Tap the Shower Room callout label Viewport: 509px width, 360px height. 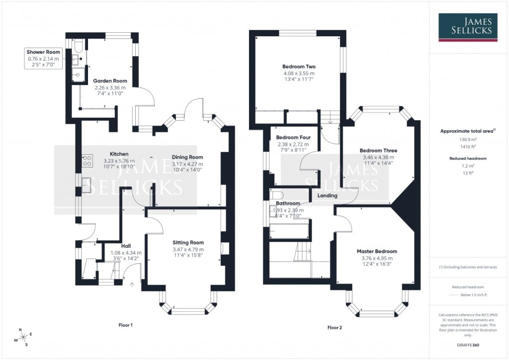pos(44,52)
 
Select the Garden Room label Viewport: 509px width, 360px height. pos(110,81)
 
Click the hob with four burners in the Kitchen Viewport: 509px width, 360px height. pos(87,160)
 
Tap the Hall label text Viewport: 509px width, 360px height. pos(126,246)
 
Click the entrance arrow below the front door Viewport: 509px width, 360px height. pos(132,284)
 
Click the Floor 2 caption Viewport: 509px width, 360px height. pos(335,328)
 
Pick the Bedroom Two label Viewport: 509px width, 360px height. pos(299,67)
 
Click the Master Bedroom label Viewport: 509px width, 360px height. pos(377,252)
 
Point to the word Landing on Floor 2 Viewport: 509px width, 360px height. pos(327,195)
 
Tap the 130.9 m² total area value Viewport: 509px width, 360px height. pos(466,140)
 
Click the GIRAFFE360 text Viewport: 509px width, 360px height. pos(467,345)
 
